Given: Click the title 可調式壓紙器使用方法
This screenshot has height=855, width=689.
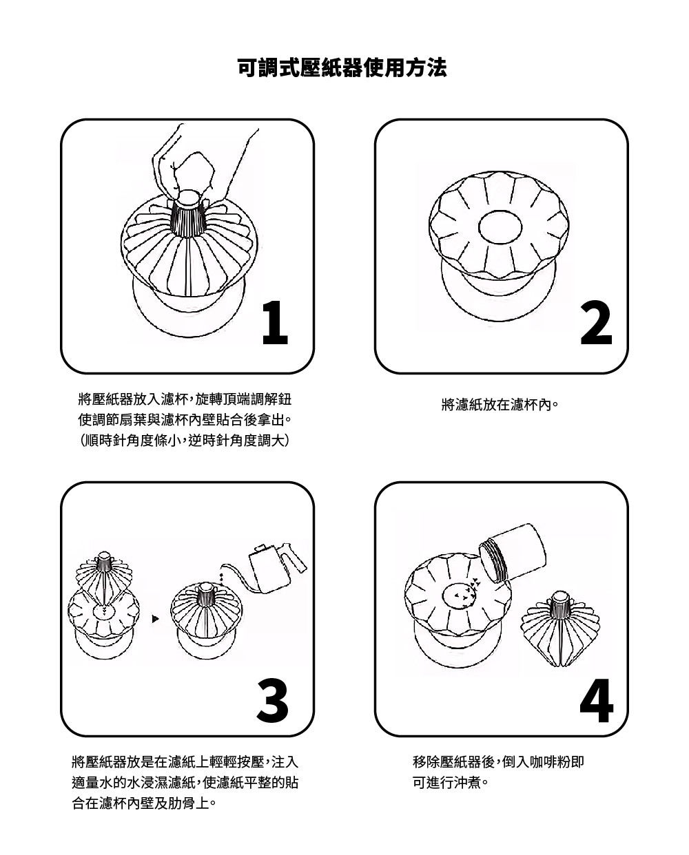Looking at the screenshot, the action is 342,67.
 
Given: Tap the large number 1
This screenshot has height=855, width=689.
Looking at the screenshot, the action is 275,322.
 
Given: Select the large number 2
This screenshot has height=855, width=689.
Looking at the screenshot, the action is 595,322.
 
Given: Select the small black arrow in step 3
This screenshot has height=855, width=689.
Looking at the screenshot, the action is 156,619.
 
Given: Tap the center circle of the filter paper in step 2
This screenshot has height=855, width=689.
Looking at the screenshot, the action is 500,226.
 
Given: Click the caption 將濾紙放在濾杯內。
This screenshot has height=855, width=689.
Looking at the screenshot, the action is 500,405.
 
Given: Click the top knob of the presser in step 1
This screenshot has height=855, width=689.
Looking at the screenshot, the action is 189,198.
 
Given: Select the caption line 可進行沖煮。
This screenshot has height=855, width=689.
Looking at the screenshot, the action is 451,783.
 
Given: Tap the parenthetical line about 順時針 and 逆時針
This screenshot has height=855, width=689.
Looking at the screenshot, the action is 185,441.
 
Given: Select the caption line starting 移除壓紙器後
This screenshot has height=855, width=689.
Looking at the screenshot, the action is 498,762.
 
